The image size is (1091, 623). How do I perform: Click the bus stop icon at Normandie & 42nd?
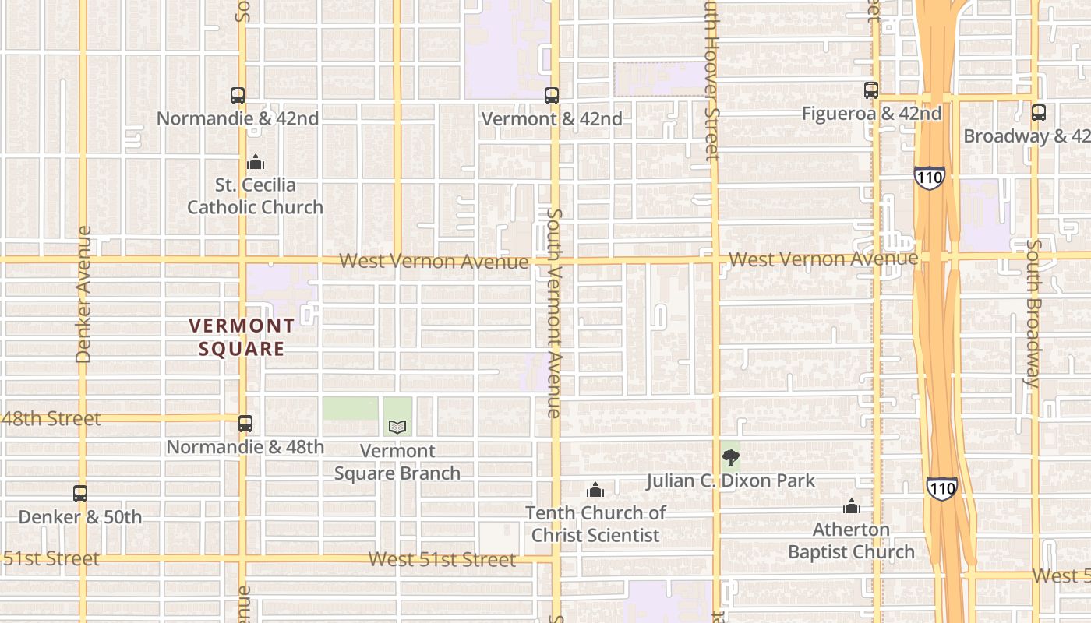[x=238, y=96]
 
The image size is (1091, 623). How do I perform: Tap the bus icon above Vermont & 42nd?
[x=552, y=96]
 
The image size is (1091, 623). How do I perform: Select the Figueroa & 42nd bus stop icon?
[x=871, y=90]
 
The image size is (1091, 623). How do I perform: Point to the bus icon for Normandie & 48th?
[x=245, y=424]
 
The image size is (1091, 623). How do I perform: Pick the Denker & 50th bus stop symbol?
[x=80, y=493]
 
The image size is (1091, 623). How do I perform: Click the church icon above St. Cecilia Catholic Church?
[x=256, y=162]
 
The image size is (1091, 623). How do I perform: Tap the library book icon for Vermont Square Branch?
[x=397, y=427]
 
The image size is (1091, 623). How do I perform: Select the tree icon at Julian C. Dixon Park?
[x=730, y=458]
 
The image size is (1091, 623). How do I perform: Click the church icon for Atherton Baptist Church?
[x=852, y=506]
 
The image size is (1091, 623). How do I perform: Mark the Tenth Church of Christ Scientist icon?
[x=595, y=490]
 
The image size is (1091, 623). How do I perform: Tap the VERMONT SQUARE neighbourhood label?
[x=242, y=337]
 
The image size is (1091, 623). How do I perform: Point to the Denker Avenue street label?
[x=84, y=294]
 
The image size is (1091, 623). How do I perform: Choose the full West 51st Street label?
[x=442, y=559]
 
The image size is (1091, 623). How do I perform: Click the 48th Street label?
[x=51, y=418]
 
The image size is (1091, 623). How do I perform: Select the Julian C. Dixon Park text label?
[x=730, y=480]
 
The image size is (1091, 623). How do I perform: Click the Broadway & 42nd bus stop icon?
[x=1039, y=113]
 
